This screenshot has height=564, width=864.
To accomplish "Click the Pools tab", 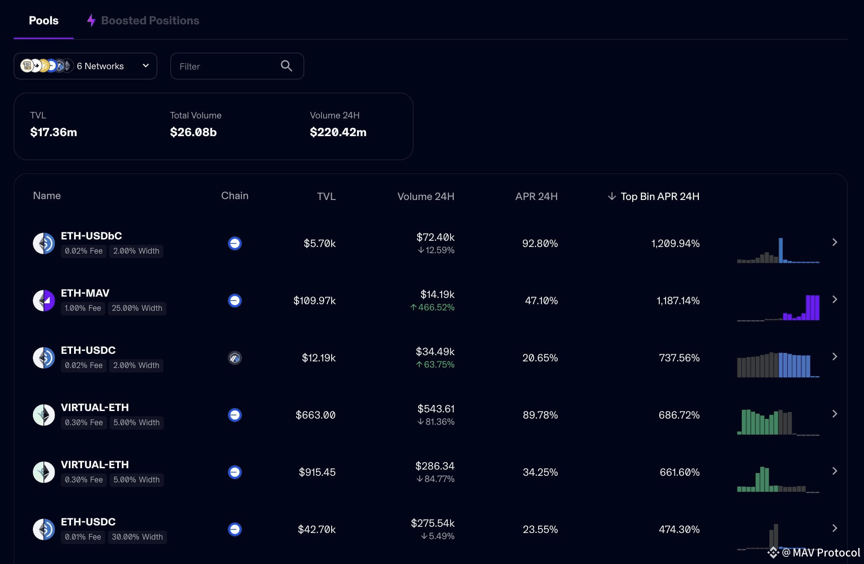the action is (44, 20).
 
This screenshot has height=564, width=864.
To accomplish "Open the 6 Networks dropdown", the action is (85, 66).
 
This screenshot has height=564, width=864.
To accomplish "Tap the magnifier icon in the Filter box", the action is (286, 66).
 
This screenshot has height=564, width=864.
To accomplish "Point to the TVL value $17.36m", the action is (54, 132).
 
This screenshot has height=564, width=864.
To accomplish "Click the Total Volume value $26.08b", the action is (193, 132).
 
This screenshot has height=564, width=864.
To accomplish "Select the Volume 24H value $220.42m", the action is (338, 132).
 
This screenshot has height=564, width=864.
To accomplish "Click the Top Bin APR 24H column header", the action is (654, 196).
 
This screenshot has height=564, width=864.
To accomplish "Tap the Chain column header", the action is (235, 196).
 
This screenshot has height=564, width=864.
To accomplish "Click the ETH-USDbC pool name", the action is (91, 236).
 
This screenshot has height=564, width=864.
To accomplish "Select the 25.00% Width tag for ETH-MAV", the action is (137, 308).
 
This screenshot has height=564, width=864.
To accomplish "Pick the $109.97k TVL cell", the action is (314, 301).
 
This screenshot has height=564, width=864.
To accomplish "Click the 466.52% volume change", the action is (432, 307).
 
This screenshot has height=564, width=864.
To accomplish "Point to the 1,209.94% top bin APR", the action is (675, 243).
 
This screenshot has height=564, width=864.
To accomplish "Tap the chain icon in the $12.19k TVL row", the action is (235, 358).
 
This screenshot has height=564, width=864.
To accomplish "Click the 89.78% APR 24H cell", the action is (540, 415).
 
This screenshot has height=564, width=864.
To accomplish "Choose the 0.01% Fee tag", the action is (83, 537).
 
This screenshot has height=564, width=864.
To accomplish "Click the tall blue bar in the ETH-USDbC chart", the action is (781, 250).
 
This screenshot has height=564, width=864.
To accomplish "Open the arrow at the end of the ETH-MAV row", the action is (835, 300).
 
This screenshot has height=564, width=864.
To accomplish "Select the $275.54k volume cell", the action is (433, 523).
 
